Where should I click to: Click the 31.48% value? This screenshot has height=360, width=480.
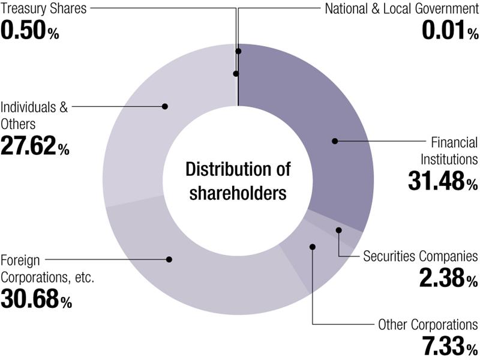click(443, 181)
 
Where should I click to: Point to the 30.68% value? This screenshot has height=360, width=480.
click(36, 299)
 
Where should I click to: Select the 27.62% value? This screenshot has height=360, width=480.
click(35, 146)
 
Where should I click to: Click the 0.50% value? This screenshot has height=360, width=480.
click(29, 30)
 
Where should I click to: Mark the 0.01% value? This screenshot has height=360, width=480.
click(451, 30)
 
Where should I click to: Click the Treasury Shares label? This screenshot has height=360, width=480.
click(43, 8)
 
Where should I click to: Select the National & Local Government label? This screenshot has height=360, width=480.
click(401, 8)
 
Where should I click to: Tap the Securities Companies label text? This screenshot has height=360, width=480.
click(421, 256)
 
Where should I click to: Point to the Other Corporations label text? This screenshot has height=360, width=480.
click(428, 325)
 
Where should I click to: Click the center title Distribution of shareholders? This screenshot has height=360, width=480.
click(238, 181)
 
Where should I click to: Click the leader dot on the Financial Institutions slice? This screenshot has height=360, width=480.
click(335, 141)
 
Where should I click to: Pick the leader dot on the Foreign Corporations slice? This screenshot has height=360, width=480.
click(169, 259)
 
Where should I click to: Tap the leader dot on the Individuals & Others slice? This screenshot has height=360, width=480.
click(165, 106)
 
